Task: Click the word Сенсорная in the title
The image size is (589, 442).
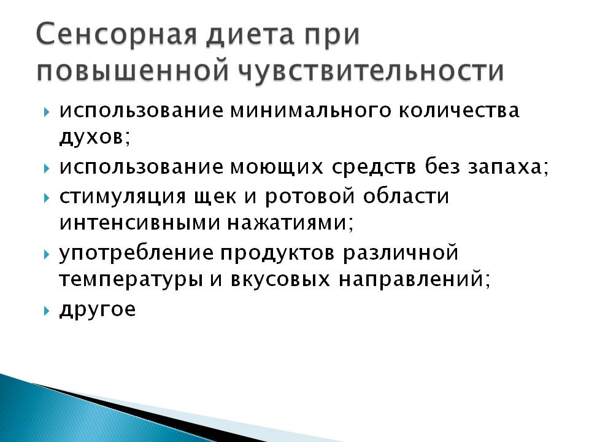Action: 117,34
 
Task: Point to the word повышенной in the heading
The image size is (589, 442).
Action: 133,70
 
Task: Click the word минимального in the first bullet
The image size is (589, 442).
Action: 310,111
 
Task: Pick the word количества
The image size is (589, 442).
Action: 459,111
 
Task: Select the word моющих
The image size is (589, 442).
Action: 277,168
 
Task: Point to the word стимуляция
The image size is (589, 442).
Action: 123,197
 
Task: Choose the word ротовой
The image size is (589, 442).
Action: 309,196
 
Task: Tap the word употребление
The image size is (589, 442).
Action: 136,252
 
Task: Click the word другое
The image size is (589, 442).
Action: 98,309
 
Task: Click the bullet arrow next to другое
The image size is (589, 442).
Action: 46,311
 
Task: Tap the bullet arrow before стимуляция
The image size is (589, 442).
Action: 46,198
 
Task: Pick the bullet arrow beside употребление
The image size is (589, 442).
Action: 46,254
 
